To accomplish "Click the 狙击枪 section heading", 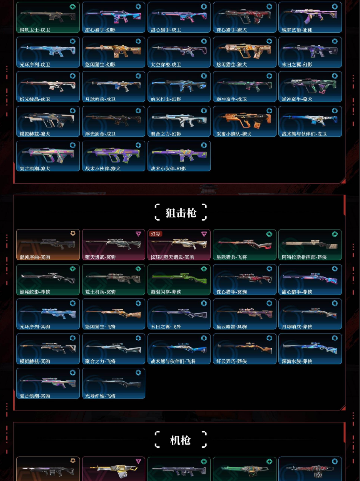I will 180,212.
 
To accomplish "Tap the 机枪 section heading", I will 180,440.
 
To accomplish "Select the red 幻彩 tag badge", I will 156,234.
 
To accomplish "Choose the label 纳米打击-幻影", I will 166,99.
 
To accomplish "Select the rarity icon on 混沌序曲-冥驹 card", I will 72,234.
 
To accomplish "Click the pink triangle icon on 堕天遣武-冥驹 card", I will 138,234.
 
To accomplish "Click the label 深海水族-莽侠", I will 297,361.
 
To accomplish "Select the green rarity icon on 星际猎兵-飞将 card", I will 269,234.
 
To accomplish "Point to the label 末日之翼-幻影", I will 297,65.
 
